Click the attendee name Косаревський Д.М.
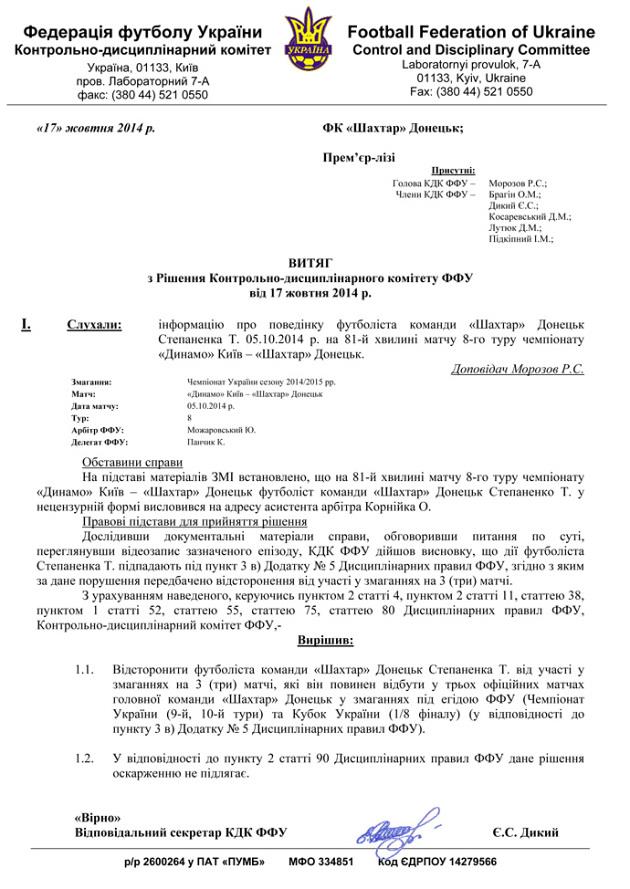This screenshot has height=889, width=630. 530,215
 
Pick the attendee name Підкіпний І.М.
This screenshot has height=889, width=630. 521,240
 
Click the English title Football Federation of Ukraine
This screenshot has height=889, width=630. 471,32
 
